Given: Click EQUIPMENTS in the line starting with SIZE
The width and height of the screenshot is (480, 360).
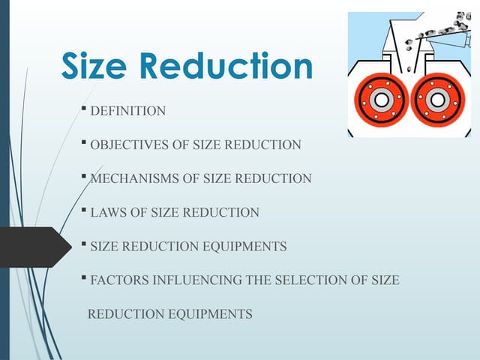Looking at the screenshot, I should tap(247, 246).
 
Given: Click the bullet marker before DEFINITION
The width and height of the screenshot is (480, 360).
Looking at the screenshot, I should tap(85, 110).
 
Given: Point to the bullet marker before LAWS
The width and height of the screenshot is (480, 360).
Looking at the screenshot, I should tap(85, 211).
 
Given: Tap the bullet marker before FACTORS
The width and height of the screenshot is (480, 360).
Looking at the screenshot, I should tap(85, 278).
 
